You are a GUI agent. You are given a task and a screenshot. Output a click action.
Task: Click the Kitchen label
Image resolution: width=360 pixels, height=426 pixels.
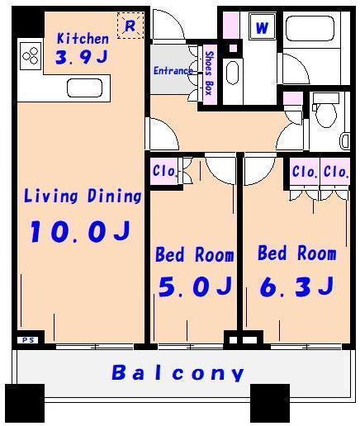coord(82,39)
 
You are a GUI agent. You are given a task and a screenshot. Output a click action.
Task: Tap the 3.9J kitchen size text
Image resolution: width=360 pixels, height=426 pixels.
coord(82,58)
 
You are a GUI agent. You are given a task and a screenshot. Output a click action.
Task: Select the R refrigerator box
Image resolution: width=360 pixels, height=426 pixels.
coord(130,26)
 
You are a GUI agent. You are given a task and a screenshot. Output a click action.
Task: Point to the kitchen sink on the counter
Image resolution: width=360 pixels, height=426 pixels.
coord(83,88)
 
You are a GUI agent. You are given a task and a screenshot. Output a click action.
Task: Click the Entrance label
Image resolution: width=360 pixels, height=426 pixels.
coord(173,71)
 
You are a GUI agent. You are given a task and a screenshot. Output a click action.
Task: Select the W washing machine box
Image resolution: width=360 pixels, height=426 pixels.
coord(262,27)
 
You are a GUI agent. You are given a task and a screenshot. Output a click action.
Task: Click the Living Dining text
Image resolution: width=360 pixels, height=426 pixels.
coord(83,196)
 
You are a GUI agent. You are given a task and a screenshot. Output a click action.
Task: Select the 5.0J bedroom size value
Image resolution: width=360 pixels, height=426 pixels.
coord(194,286)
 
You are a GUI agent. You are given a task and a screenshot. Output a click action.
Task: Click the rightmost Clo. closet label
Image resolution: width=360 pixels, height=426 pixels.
coord(335,172)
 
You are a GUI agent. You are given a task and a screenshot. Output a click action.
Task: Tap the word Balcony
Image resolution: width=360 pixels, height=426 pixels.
coord(178,372)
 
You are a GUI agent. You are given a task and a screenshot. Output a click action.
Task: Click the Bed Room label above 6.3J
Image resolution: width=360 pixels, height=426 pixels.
coord(296,253)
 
